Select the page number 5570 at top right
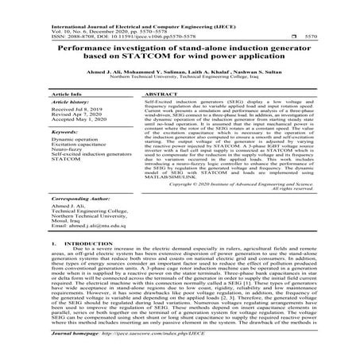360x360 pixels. [344, 36]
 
